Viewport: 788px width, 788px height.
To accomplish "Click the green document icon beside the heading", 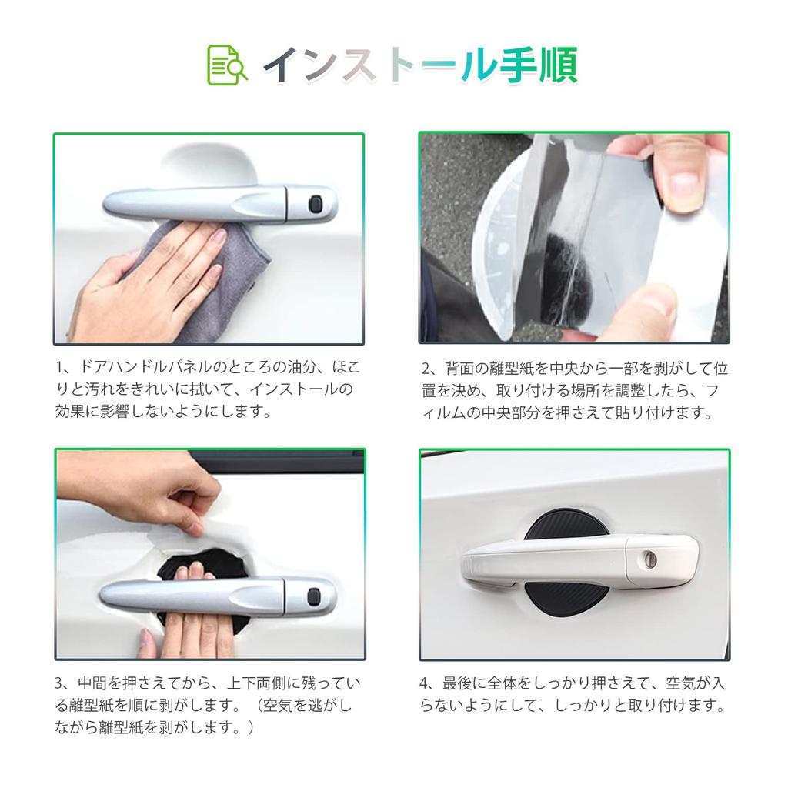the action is coord(227,65).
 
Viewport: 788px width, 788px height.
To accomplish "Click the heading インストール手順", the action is coord(421,65).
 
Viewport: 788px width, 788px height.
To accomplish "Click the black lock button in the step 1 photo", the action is coord(316,204).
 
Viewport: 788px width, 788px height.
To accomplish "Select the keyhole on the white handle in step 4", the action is coord(649,559).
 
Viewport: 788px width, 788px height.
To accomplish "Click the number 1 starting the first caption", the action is coord(59,368).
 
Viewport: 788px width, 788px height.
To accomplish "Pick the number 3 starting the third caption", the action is coord(59,683).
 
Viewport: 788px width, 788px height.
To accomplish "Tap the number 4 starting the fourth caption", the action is coord(425,683).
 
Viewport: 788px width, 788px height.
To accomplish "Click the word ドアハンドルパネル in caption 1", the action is coord(145,367).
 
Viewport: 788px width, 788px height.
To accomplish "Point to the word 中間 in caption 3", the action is coord(92,683).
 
